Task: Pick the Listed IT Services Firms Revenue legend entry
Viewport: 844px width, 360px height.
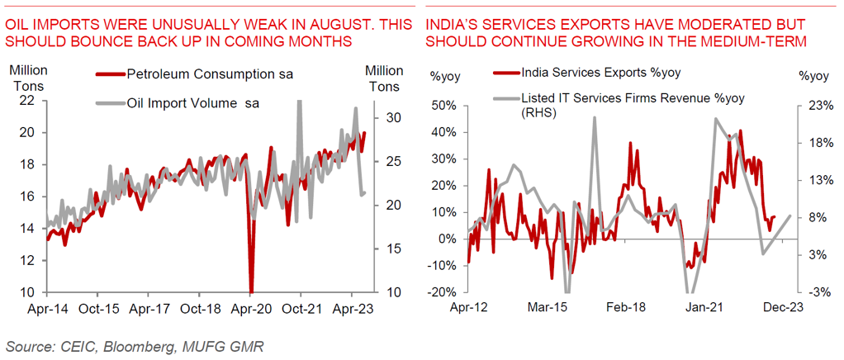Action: tap(633, 98)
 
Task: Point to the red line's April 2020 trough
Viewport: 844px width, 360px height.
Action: tap(250, 291)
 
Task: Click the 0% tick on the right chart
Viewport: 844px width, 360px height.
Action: tap(445, 239)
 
